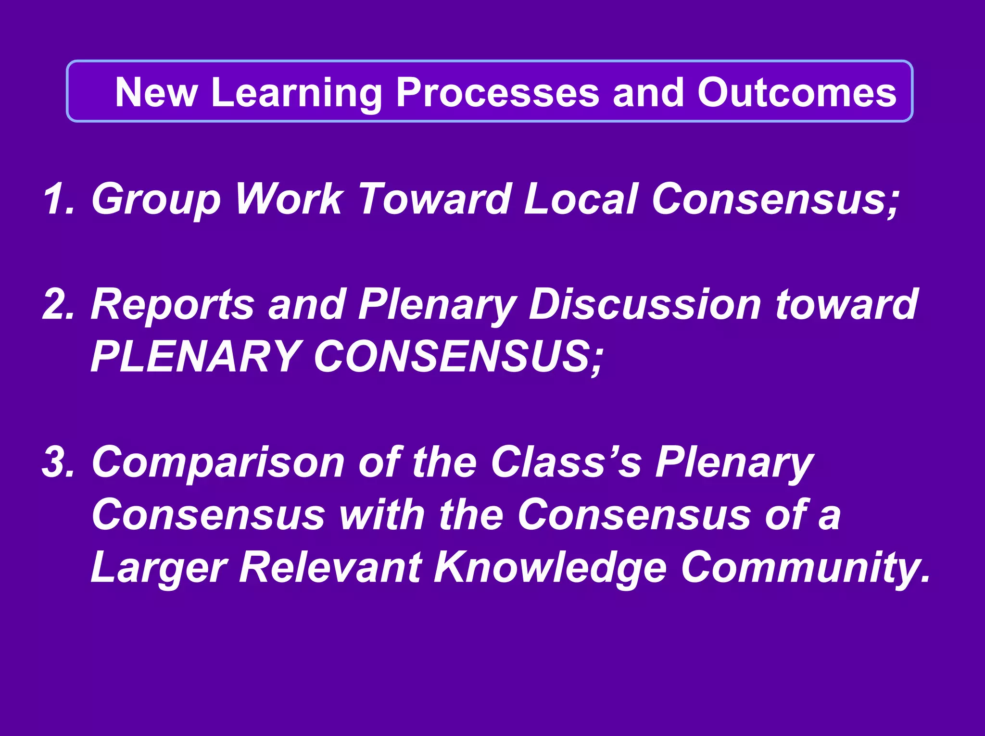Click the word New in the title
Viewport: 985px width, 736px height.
tap(156, 92)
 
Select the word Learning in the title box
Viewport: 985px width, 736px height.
tap(296, 92)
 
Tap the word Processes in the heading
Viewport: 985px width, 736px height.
tap(497, 92)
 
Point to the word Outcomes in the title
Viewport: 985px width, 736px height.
tap(796, 92)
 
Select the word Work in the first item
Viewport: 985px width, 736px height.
tap(289, 199)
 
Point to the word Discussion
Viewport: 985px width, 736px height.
tap(644, 304)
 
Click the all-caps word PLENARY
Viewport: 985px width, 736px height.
tap(195, 357)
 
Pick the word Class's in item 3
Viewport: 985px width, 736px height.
tap(566, 462)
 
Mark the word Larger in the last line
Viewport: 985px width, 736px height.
tap(159, 568)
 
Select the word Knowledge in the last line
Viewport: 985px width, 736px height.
tap(550, 568)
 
